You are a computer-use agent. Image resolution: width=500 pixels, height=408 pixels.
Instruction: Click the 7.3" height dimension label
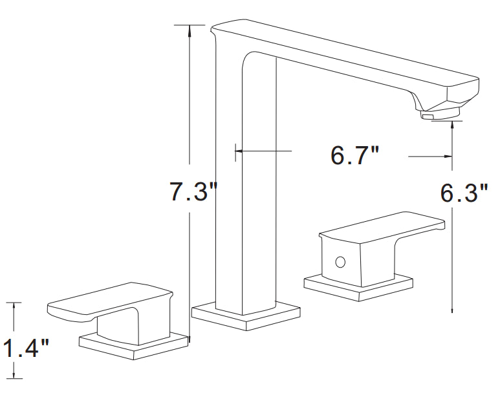[193, 191]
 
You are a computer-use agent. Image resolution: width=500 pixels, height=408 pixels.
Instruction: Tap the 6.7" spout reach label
[355, 156]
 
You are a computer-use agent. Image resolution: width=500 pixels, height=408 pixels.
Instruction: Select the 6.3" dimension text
[464, 193]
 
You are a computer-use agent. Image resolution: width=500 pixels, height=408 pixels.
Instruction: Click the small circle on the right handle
[340, 262]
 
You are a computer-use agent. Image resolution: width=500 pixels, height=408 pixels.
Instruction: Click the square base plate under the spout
[246, 316]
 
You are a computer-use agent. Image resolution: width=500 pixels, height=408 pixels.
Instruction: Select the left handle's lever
[110, 302]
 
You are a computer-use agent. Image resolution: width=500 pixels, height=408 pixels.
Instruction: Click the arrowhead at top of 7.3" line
[190, 30]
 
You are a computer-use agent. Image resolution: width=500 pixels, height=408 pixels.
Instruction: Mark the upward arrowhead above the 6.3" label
[452, 126]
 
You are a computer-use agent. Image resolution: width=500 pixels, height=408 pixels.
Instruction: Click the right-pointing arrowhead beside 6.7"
[448, 156]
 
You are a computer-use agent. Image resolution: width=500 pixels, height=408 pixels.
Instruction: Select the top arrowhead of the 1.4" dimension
[14, 307]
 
